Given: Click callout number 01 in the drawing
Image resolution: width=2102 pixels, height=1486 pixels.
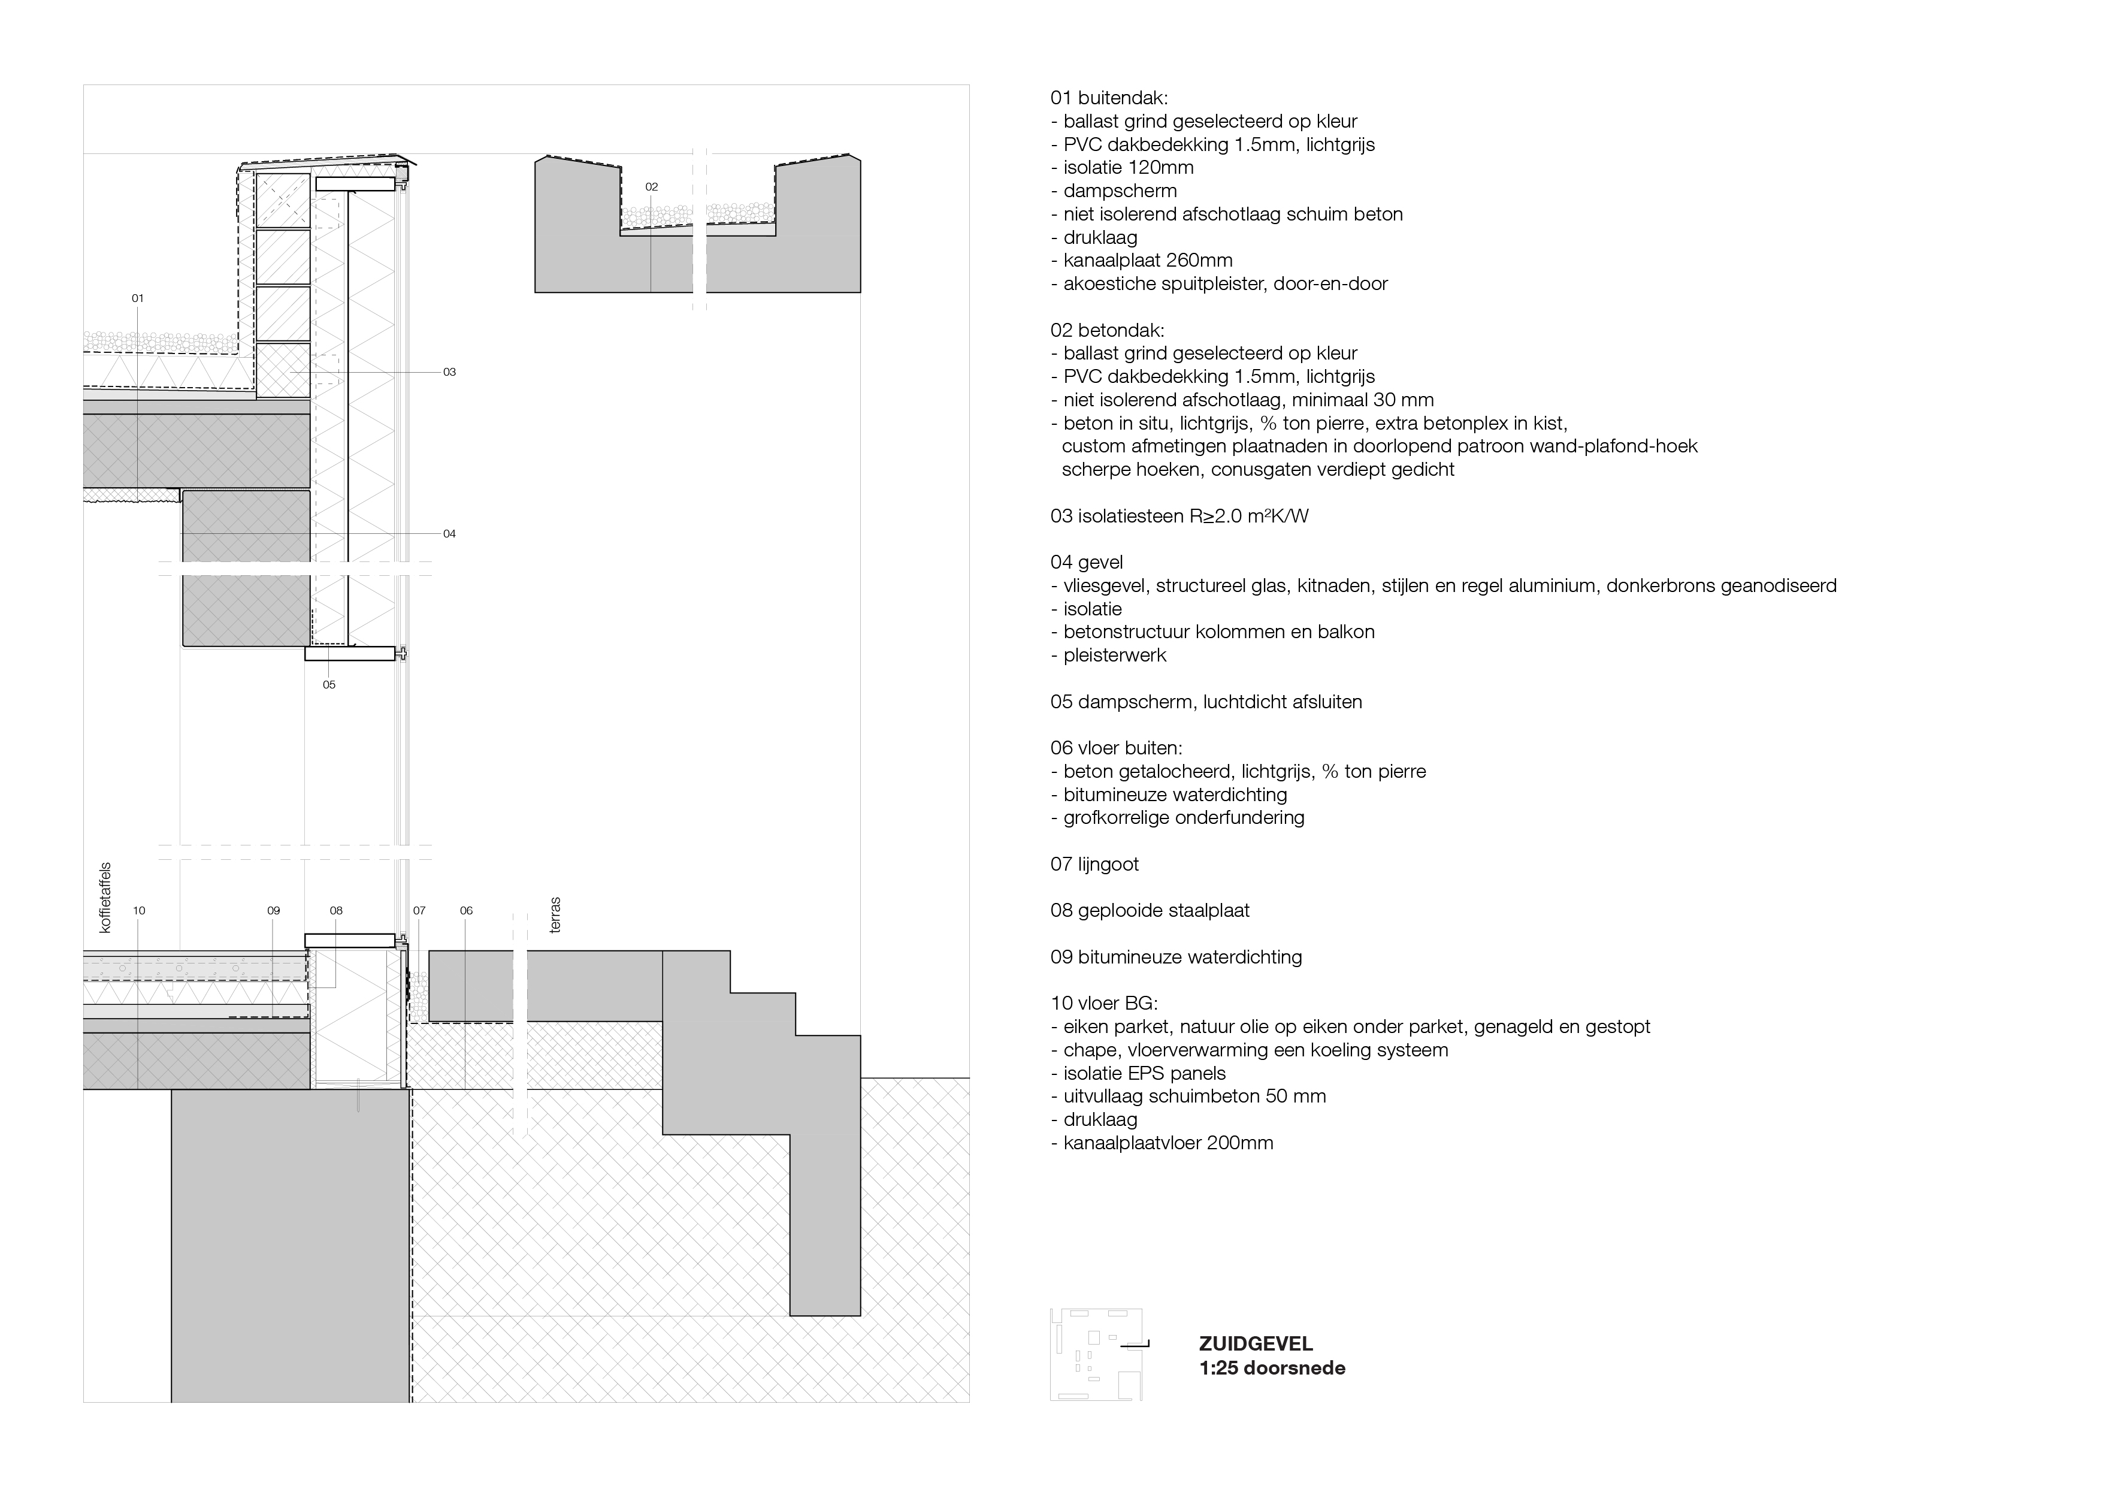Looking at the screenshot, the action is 137,298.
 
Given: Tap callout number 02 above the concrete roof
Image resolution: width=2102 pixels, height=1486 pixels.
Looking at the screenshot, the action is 651,187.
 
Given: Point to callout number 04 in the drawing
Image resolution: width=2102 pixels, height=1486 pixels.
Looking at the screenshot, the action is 449,534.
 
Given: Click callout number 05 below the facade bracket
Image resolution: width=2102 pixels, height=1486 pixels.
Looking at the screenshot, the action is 329,685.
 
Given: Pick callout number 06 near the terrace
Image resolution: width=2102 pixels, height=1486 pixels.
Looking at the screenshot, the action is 466,911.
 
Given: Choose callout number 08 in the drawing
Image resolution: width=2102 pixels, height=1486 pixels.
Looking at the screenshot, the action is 336,911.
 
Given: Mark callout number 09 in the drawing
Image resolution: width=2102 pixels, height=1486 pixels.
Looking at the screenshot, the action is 273,911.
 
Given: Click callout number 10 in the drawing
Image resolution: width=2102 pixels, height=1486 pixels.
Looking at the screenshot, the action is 138,911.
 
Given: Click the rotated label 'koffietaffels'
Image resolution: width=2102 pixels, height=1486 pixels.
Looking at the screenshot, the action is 104,897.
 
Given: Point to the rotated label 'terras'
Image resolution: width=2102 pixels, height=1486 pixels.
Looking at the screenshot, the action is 555,915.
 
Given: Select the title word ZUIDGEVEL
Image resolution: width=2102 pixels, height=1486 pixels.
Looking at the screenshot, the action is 1255,1344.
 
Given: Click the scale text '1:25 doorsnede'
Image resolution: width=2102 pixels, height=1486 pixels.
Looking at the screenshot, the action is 1272,1368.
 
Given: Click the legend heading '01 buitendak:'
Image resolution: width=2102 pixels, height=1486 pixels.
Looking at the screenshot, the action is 1109,98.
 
